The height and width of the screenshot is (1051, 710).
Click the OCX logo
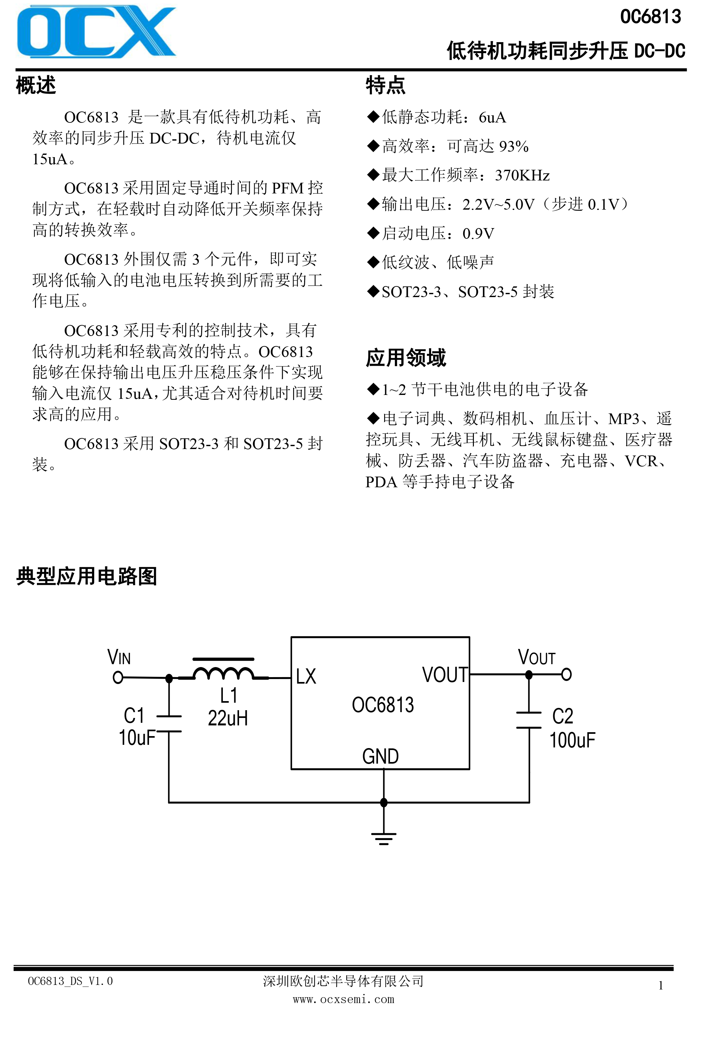tap(96, 32)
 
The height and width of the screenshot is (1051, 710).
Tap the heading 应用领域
tap(406, 358)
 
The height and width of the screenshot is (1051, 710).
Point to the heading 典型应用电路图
tap(86, 576)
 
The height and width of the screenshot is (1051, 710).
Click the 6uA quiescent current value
tap(492, 118)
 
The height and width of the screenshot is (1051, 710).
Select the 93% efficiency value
tap(514, 146)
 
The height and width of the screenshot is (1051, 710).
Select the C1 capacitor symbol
tap(169, 723)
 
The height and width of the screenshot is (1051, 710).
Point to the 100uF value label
tap(572, 740)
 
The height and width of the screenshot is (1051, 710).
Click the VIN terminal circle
tap(118, 677)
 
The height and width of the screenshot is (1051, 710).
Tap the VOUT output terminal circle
tap(566, 674)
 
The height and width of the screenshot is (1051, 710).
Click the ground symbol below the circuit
tap(384, 838)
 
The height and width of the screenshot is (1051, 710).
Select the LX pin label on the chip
tap(306, 676)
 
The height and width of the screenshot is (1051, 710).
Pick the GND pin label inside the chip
tap(380, 756)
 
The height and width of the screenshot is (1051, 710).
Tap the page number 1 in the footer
tap(661, 986)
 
